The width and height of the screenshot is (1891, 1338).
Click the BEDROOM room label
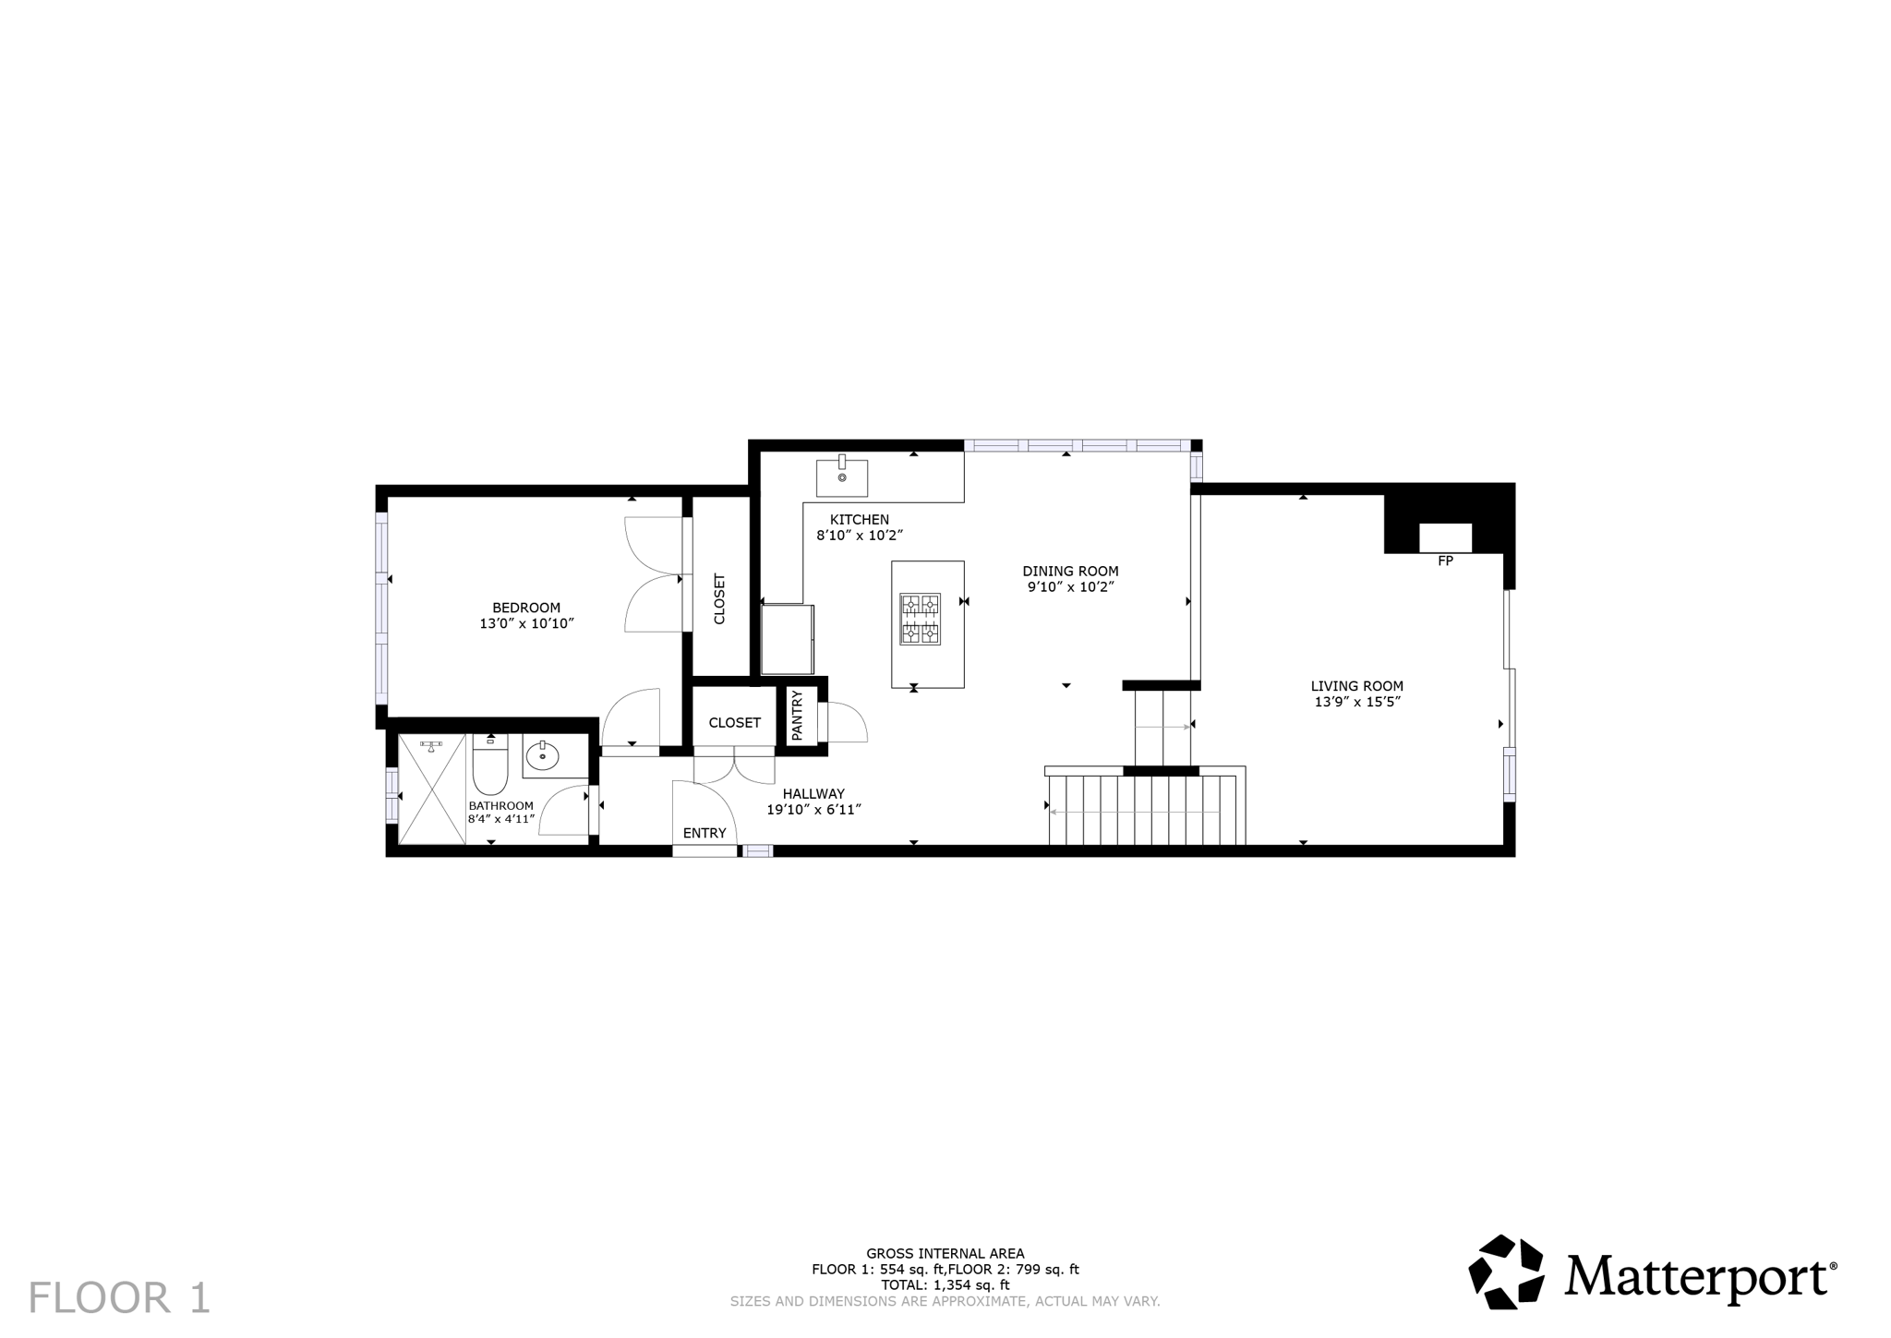525,608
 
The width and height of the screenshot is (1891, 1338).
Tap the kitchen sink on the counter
841,476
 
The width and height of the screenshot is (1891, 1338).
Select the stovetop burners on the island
921,619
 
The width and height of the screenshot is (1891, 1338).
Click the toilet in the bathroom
489,767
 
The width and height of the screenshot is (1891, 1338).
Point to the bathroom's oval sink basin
542,757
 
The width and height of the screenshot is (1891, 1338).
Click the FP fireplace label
1445,561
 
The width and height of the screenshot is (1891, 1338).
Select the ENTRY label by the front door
705,833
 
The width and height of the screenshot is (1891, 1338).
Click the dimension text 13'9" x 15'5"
1356,702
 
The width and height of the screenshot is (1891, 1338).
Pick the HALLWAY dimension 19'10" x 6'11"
813,810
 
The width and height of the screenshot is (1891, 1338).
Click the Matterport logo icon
1506,1272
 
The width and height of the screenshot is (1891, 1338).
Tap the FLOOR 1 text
120,1297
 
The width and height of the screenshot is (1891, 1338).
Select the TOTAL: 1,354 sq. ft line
945,1284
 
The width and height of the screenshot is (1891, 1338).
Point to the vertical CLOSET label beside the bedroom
720,599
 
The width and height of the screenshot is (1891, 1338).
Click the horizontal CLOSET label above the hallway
734,723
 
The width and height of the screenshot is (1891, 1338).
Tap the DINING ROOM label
1070,571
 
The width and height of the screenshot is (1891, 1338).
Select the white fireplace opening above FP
1445,537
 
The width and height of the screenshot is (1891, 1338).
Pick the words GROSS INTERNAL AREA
945,1253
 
